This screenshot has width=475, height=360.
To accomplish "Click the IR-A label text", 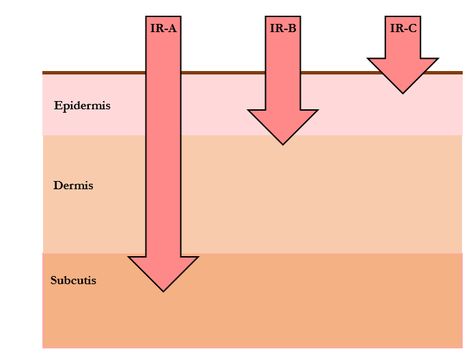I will (163, 28).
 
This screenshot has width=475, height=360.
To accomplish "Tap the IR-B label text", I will (283, 28).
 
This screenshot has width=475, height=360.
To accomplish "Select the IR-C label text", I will (403, 28).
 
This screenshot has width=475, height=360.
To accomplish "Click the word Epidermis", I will (82, 106).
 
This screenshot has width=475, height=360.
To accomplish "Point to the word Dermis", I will (73, 186).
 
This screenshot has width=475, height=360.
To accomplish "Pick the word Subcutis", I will (73, 280).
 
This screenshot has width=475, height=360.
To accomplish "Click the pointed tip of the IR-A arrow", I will (163, 290).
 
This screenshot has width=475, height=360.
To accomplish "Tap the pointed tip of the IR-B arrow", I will (283, 143).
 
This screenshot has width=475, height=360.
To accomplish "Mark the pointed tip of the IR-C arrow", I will (403, 92).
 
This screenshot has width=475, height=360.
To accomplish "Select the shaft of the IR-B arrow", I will (283, 75).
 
